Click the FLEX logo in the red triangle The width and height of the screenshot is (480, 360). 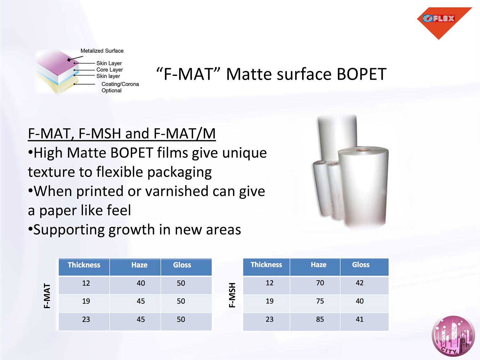click(439, 19)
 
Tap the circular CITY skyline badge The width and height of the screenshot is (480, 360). click(453, 336)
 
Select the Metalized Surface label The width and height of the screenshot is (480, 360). click(102, 51)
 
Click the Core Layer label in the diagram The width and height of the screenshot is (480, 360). click(109, 70)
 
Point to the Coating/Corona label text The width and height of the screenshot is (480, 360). click(120, 84)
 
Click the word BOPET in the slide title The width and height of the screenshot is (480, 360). click(362, 74)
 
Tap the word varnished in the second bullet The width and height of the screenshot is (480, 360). click(176, 191)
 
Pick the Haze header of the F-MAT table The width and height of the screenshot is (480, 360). click(139, 265)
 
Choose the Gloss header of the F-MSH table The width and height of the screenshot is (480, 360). click(361, 265)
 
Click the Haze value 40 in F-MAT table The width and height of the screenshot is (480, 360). click(140, 283)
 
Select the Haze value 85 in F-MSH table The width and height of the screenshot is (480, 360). click(320, 319)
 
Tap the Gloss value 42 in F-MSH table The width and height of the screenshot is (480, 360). click(359, 283)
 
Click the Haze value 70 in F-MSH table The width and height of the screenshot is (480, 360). click(320, 283)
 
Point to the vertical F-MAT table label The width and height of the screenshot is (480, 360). click(47, 296)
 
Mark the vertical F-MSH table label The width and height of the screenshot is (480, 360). click(232, 295)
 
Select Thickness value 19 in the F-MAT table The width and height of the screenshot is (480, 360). click(86, 301)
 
